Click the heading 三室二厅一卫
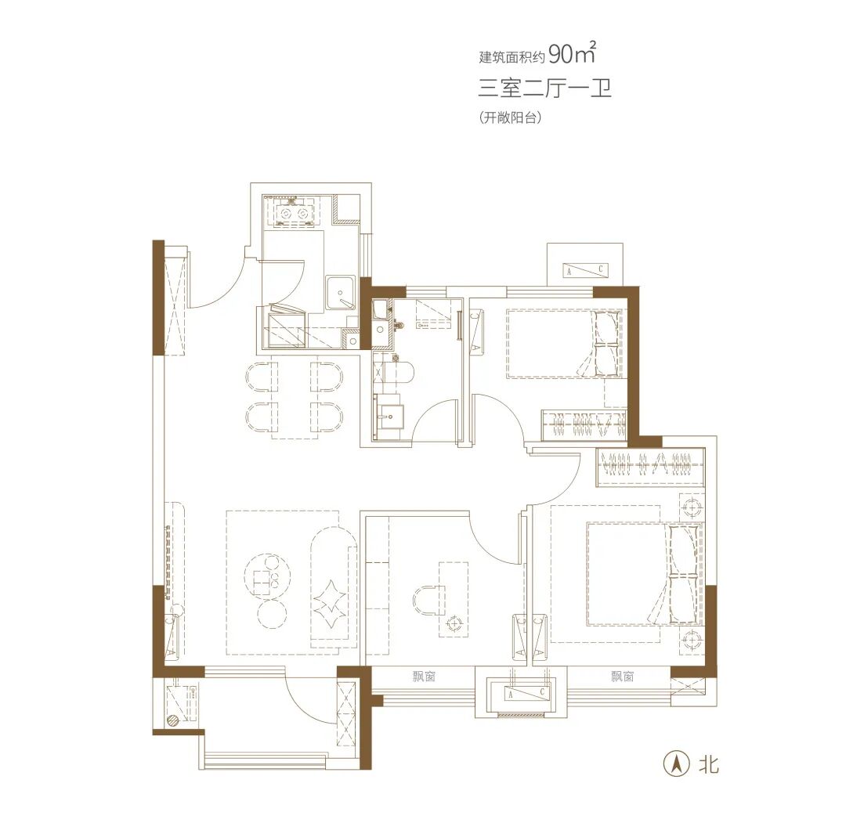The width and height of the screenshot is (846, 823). tap(544, 88)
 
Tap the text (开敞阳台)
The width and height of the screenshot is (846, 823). tap(510, 117)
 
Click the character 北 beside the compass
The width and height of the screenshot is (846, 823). tap(708, 763)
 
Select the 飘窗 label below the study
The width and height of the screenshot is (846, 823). tap(424, 677)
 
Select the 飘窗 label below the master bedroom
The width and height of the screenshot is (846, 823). tap(622, 677)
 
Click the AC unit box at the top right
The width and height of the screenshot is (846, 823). tap(585, 269)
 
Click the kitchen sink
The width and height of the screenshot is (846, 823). tap(340, 294)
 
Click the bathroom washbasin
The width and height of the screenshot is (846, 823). tap(388, 416)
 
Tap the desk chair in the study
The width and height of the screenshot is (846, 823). tap(428, 603)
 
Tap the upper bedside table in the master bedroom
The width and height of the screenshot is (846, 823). tap(692, 507)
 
